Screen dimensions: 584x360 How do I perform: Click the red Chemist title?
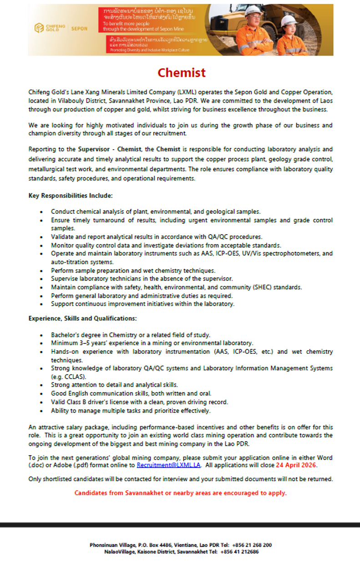click(x=181, y=73)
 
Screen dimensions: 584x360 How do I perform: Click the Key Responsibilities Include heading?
click(x=70, y=196)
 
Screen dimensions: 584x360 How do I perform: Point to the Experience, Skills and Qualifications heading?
click(x=82, y=318)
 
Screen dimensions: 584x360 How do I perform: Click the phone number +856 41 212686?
click(x=239, y=552)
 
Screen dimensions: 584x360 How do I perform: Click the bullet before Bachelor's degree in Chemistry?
click(x=42, y=335)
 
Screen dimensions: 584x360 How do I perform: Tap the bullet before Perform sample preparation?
click(x=42, y=271)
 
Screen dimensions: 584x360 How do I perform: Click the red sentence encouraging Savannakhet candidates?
click(x=180, y=493)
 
